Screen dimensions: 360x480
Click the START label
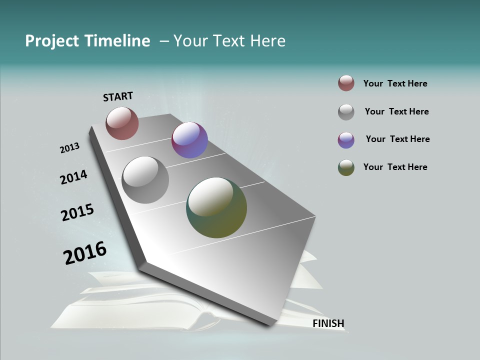118,96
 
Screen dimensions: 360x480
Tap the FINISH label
328,323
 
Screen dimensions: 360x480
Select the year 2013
69,147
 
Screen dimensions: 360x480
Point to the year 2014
73,177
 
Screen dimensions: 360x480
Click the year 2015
77,212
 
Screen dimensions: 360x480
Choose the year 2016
85,253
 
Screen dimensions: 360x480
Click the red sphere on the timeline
122,123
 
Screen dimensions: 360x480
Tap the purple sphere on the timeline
189,140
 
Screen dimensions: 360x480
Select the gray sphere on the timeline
145,180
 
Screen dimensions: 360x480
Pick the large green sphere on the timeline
216,207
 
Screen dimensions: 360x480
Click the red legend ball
346,83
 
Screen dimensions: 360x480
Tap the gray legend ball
346,112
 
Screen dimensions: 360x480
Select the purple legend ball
346,140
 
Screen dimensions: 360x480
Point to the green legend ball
346,167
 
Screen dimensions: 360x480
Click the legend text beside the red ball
395,83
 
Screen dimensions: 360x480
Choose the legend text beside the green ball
395,167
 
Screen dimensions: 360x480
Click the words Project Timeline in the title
87,41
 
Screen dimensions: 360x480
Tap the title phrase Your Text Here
229,41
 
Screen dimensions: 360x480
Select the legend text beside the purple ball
397,139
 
